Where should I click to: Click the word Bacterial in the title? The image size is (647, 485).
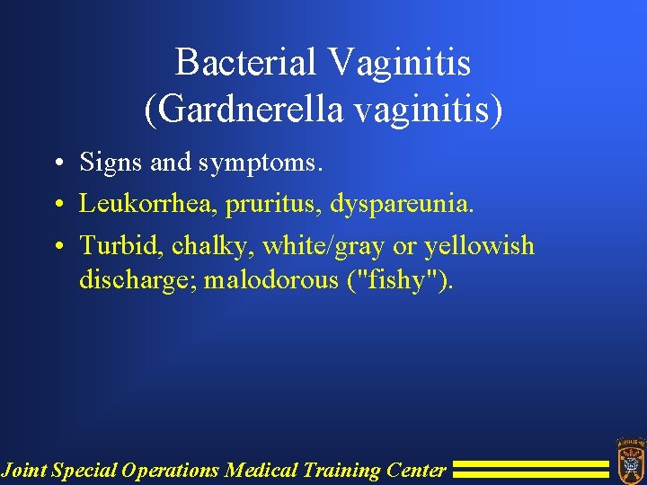[x=245, y=63]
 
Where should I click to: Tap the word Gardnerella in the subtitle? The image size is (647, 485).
[x=237, y=110]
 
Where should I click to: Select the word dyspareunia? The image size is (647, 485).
[x=401, y=205]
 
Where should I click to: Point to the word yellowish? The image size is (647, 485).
[x=479, y=245]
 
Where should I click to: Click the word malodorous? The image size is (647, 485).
[x=270, y=280]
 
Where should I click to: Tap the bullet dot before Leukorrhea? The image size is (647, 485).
[x=58, y=205]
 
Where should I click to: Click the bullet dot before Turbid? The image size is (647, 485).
[x=58, y=246]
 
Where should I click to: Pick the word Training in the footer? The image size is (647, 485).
[x=339, y=470]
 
